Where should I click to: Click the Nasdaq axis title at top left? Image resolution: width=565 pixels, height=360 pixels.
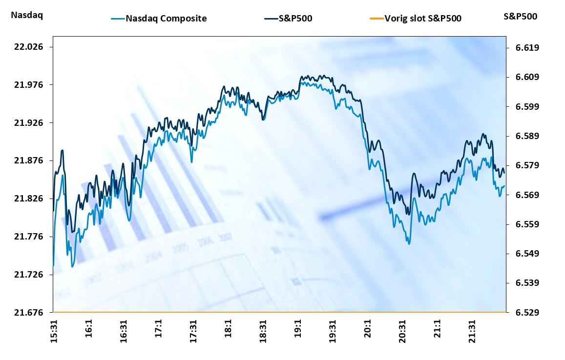pyautogui.click(x=26, y=16)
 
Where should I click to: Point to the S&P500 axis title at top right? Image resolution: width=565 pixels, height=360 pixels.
pyautogui.click(x=520, y=16)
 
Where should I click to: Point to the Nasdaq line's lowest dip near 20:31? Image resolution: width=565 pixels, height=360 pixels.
pyautogui.click(x=408, y=243)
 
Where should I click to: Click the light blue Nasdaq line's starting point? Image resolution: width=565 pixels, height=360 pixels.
pyautogui.click(x=53, y=265)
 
